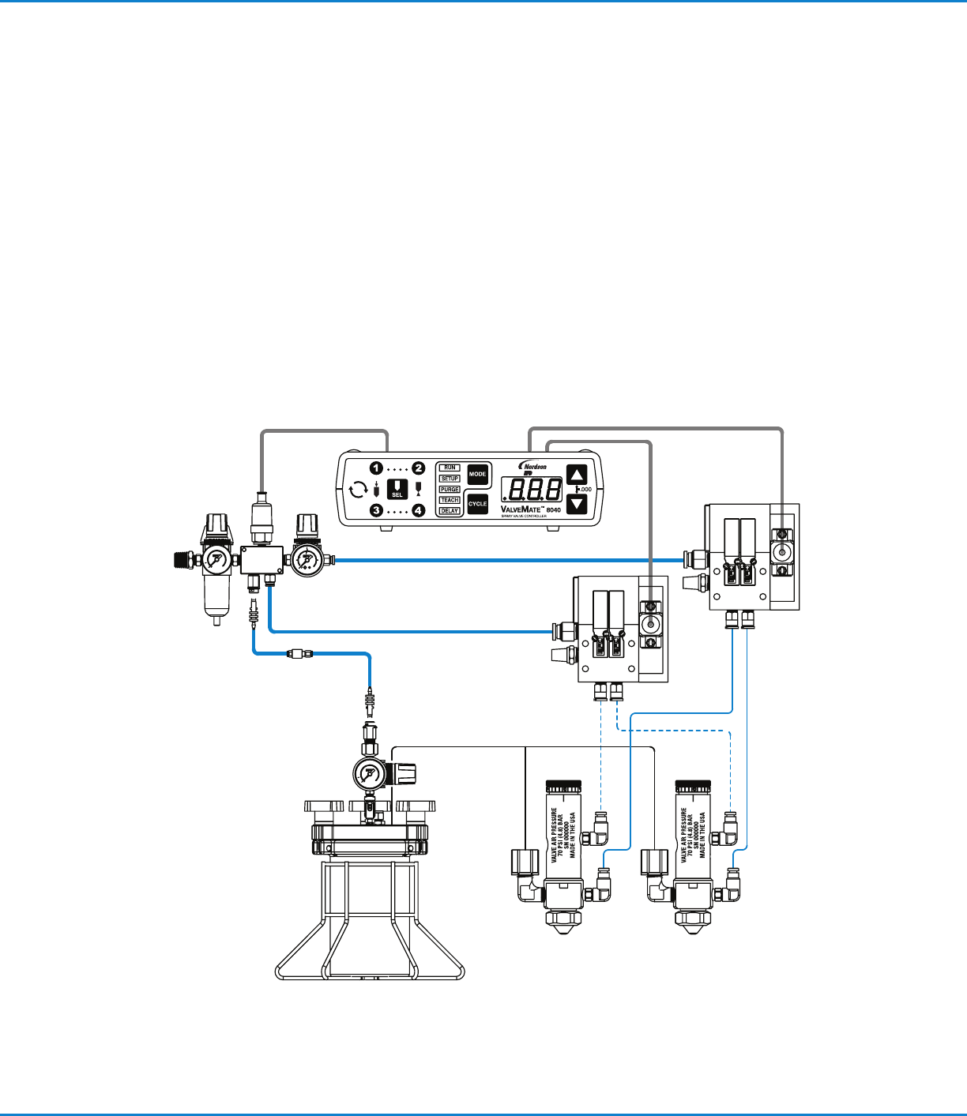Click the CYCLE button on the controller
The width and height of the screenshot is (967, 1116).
[x=477, y=504]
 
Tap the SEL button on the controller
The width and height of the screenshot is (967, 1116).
[x=397, y=489]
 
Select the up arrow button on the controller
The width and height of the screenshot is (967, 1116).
[x=578, y=475]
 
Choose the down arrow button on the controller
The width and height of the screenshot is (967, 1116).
[x=578, y=504]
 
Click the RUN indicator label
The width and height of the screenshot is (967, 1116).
[x=450, y=468]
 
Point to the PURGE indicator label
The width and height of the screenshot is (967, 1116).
[x=450, y=490]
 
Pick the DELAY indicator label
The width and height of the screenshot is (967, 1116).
[x=450, y=511]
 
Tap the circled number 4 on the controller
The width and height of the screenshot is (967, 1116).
[x=419, y=511]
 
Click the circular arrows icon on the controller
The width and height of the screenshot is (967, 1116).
[x=358, y=490]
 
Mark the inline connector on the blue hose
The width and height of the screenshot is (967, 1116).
[x=299, y=653]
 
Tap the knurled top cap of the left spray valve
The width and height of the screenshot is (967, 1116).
[x=564, y=787]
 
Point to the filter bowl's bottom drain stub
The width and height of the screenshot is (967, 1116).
[x=215, y=622]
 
